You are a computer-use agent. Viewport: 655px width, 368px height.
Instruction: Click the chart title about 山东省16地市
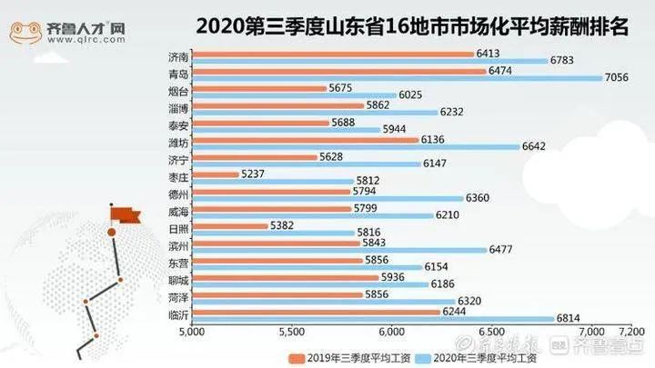[401, 25]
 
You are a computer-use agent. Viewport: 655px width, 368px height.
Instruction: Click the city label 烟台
[179, 92]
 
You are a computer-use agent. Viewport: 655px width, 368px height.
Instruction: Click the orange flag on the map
[125, 214]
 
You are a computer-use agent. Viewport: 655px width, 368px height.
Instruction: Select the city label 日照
[179, 229]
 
